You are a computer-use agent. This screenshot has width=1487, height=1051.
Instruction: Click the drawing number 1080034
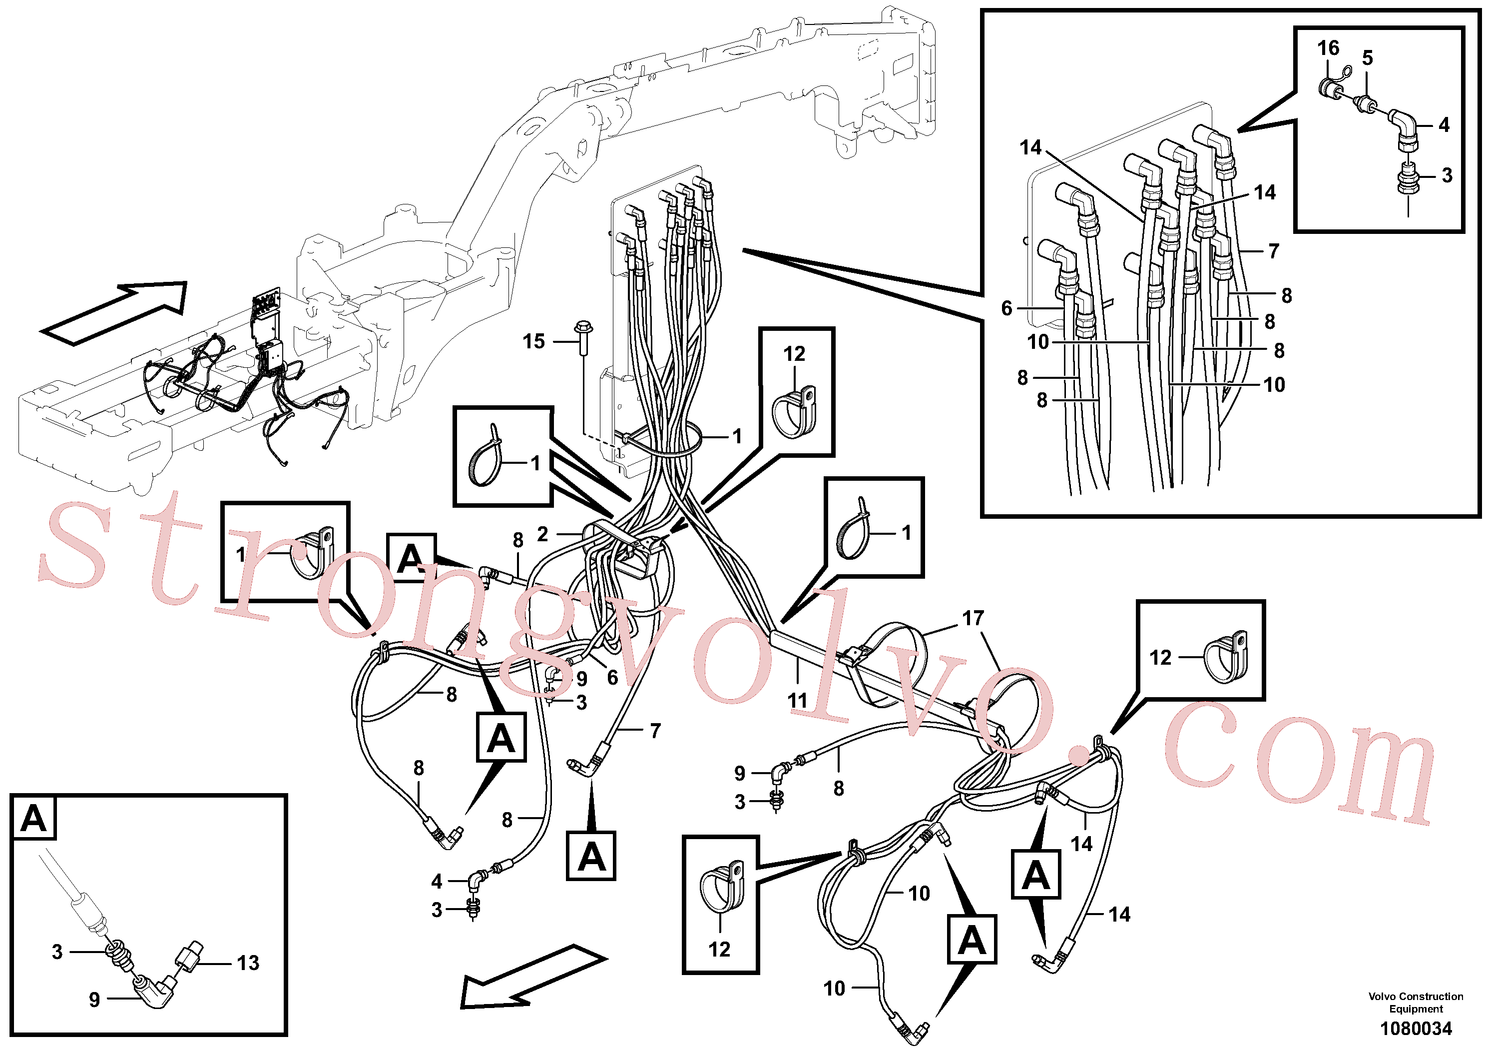(x=1416, y=1029)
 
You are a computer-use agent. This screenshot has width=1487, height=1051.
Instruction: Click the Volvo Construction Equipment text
(x=1416, y=1003)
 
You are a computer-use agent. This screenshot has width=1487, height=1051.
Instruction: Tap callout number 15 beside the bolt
(x=533, y=341)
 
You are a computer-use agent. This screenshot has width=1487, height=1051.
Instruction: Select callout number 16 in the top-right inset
(x=1328, y=47)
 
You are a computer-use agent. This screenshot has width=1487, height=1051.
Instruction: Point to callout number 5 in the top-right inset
(x=1368, y=57)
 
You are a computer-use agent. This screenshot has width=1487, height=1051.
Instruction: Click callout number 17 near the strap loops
(x=973, y=618)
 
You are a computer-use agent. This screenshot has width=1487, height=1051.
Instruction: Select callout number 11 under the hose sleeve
(x=797, y=701)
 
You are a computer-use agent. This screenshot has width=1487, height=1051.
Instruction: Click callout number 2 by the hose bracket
(x=543, y=534)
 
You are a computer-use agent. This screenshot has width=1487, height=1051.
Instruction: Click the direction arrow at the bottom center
(x=533, y=976)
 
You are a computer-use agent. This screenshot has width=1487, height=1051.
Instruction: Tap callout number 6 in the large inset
(x=1006, y=308)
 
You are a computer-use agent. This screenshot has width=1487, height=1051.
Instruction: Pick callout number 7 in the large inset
(x=1273, y=251)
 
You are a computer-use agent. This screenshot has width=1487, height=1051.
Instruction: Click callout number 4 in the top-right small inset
(x=1444, y=125)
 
